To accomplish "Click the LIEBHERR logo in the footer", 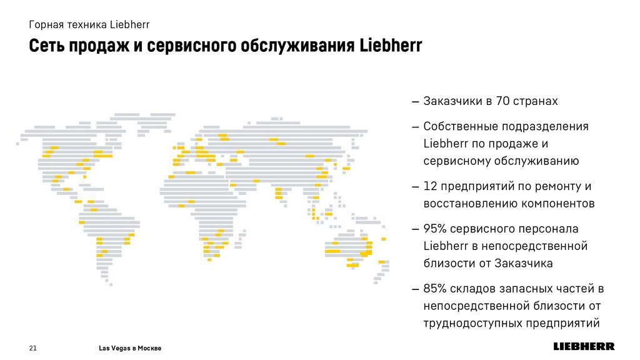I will tap(584, 346).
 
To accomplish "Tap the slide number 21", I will tap(34, 347).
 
